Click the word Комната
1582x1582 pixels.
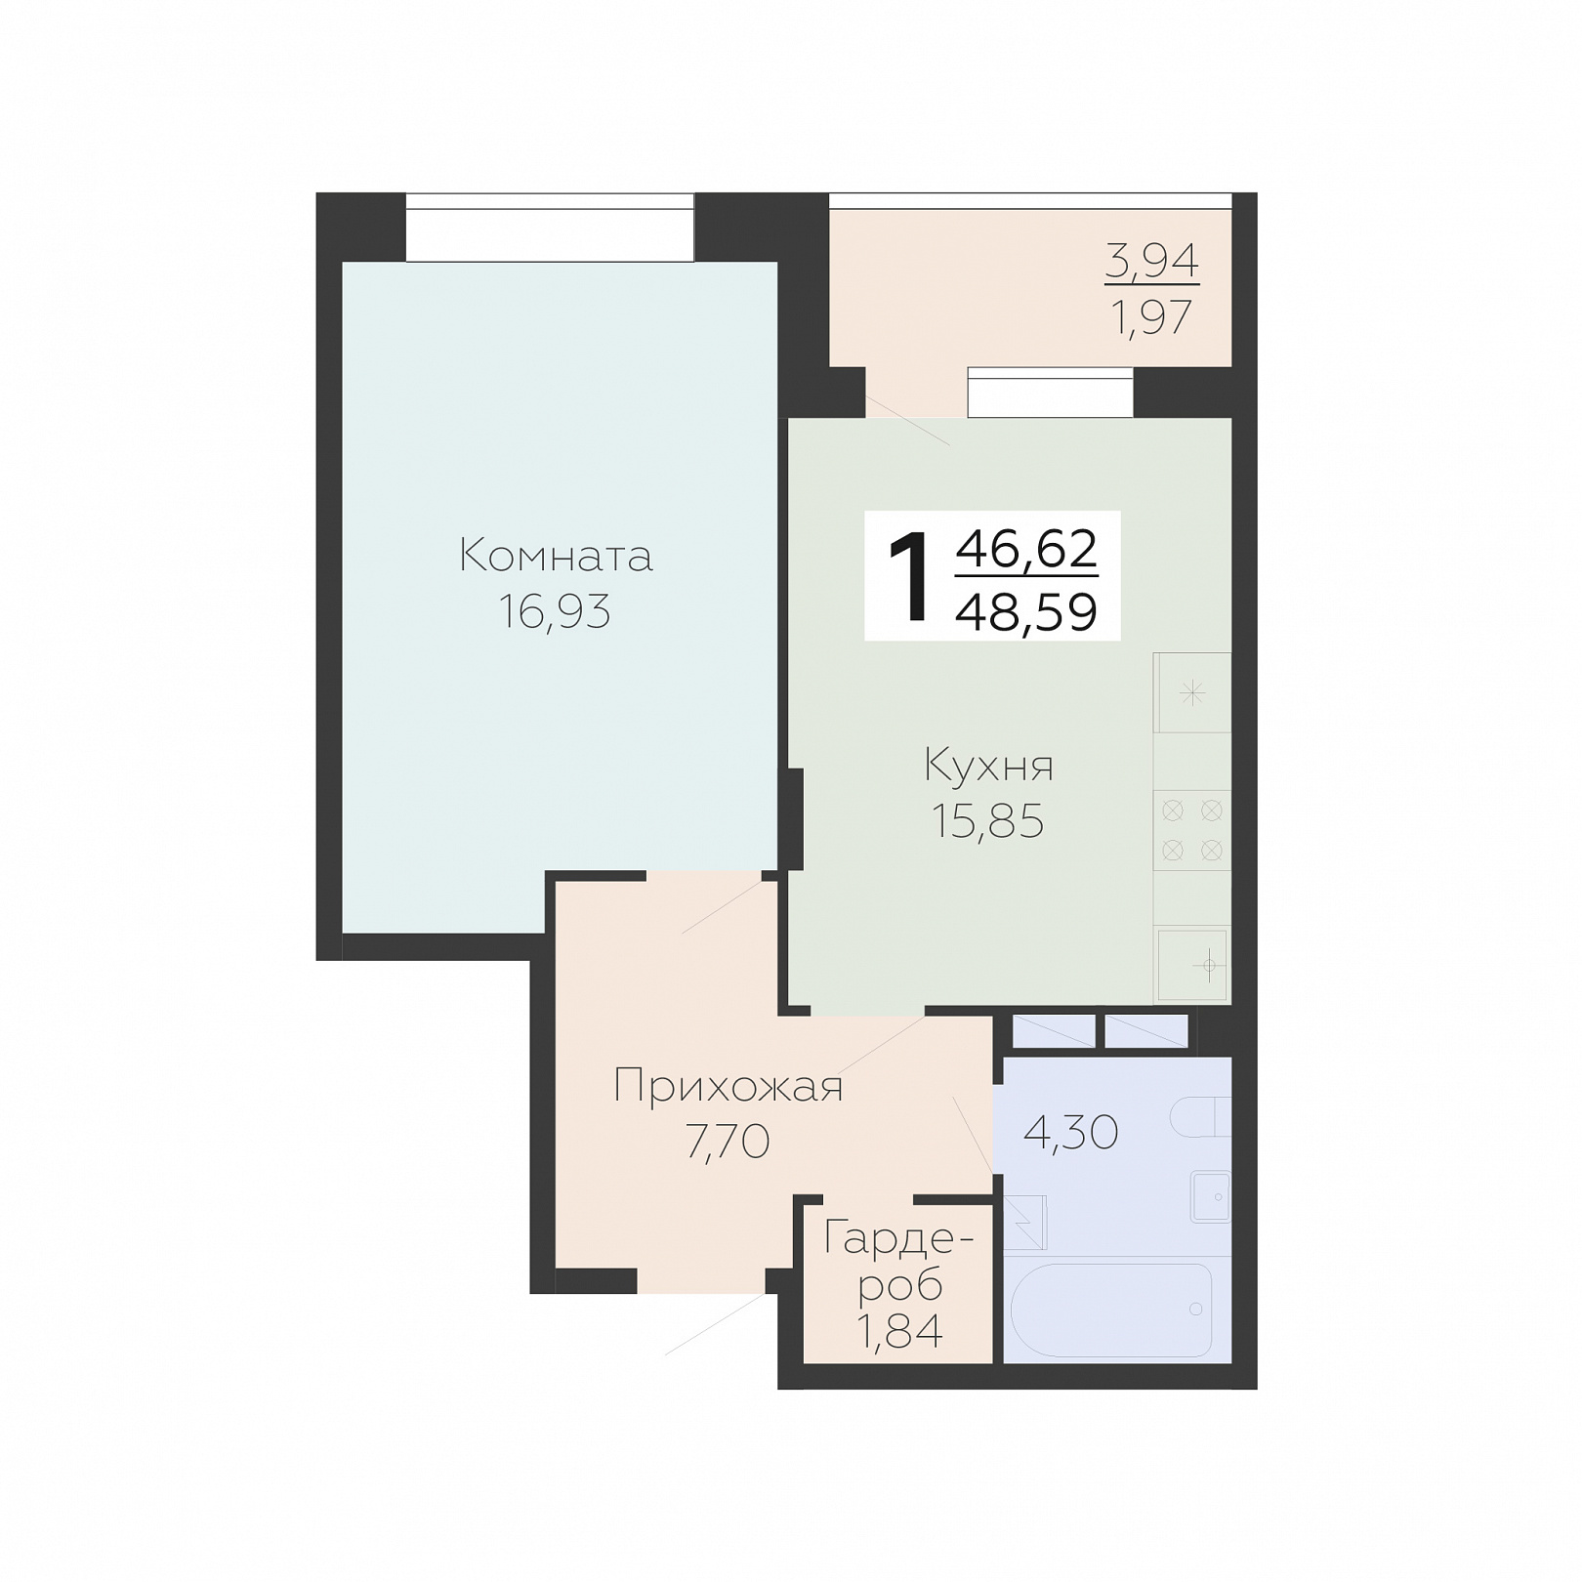click(556, 556)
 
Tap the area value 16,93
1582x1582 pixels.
click(555, 612)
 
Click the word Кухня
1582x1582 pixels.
click(988, 766)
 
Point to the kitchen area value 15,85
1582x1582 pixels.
click(988, 821)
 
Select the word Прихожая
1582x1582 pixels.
click(729, 1086)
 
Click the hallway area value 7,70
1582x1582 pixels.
click(729, 1142)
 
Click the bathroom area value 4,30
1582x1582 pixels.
click(1070, 1133)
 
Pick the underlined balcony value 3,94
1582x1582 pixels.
click(1152, 261)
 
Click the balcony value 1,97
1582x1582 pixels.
click(1152, 317)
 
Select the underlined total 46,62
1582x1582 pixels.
click(1027, 548)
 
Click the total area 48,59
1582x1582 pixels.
click(1027, 612)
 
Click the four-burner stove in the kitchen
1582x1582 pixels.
click(1192, 830)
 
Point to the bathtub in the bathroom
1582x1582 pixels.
click(1111, 1309)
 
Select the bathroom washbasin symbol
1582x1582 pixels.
click(1211, 1196)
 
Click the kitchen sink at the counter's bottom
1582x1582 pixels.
click(1192, 965)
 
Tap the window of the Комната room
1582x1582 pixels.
click(550, 228)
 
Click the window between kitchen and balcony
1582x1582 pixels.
click(1050, 393)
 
